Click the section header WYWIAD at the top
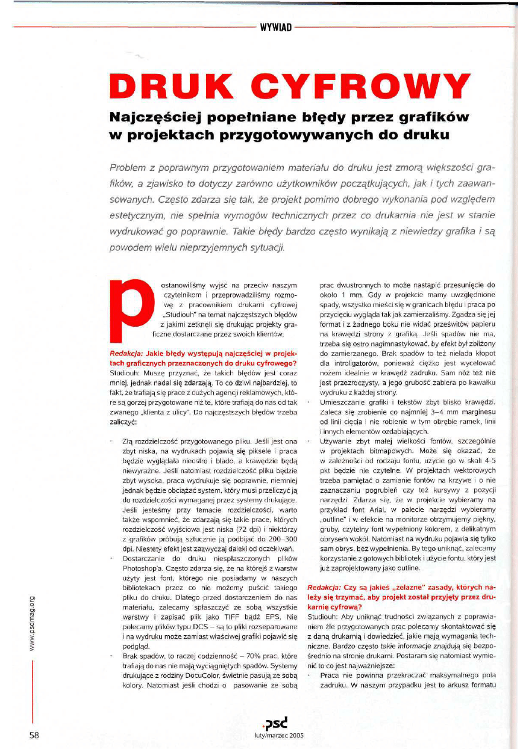pos(274,27)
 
